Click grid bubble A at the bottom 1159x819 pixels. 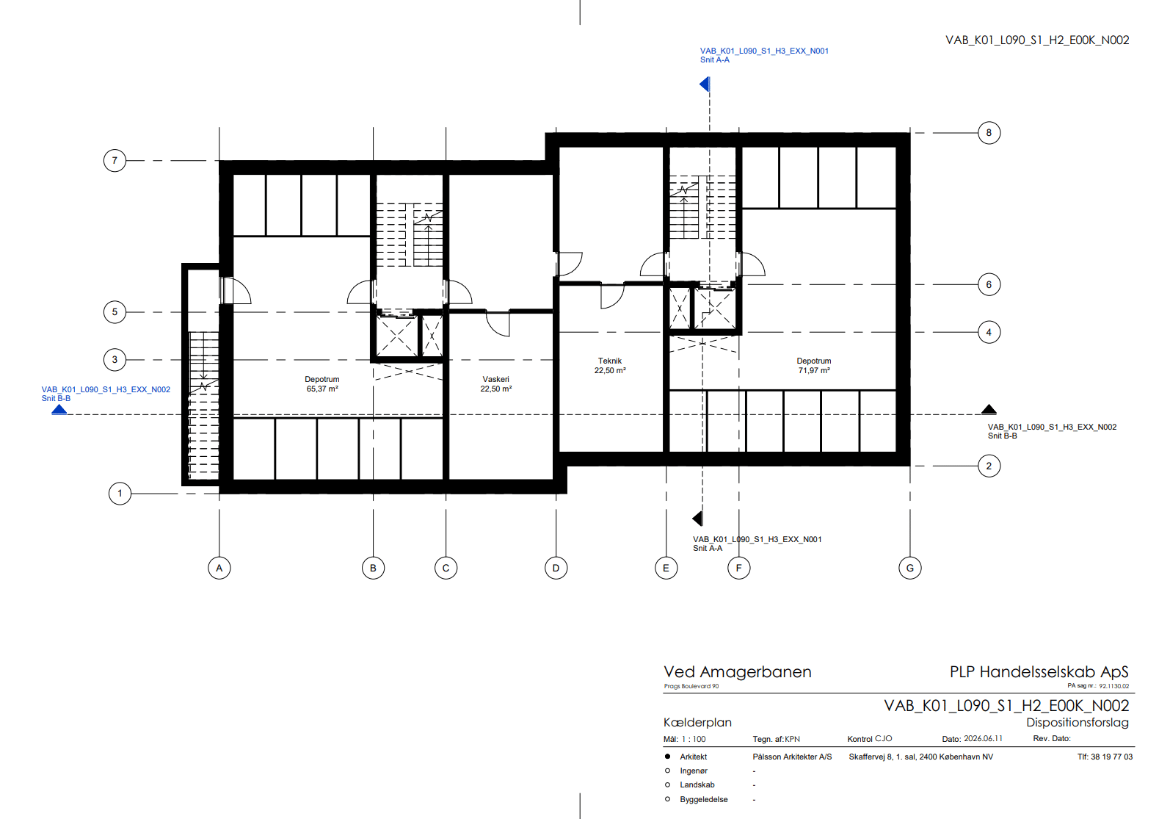point(219,568)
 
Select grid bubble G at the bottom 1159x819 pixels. point(909,568)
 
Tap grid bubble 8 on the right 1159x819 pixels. point(989,132)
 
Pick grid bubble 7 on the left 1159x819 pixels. point(115,160)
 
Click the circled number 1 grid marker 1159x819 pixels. point(120,494)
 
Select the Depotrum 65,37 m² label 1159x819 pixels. point(321,383)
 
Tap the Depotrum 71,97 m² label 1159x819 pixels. point(813,366)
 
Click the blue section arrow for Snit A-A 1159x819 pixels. point(705,84)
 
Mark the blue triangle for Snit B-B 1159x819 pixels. point(59,410)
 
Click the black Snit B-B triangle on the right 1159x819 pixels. point(989,409)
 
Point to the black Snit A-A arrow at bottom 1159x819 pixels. point(697,519)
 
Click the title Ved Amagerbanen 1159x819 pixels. point(737,672)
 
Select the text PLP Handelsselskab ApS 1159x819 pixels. point(1039,672)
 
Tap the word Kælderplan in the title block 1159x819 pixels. point(697,722)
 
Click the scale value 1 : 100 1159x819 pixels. point(694,739)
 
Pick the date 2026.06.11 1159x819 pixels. point(983,738)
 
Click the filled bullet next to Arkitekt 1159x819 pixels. point(667,757)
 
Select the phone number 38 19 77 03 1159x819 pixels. point(1112,757)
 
